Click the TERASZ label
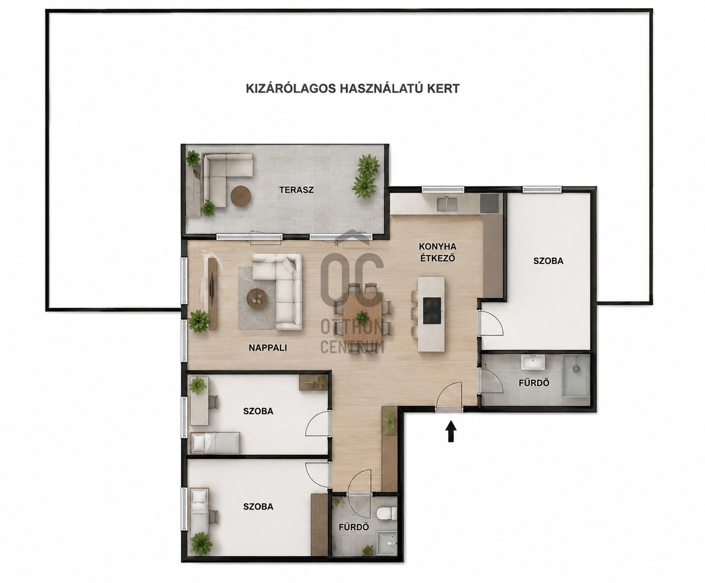[296, 190]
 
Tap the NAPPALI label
[268, 348]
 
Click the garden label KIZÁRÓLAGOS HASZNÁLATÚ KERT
[353, 88]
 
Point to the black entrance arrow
[451, 432]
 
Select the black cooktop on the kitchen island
[432, 311]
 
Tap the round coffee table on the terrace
[241, 196]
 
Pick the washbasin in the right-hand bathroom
[533, 362]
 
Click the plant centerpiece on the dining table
[362, 317]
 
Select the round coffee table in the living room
[257, 298]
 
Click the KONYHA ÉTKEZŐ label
[438, 252]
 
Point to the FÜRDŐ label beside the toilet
[354, 527]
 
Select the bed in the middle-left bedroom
[215, 442]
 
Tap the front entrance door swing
[449, 395]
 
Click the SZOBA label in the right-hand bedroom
[549, 261]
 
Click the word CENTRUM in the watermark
[352, 347]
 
